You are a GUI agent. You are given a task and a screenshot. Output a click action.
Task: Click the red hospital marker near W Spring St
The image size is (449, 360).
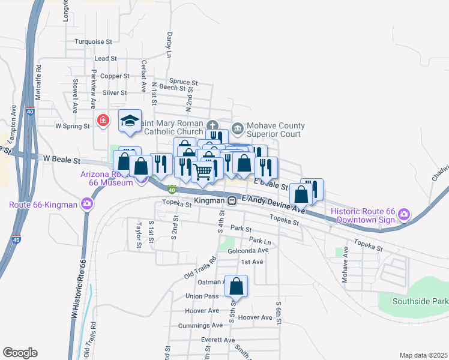coord(104,120)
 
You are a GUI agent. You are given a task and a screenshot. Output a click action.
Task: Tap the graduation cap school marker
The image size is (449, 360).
coord(130,121)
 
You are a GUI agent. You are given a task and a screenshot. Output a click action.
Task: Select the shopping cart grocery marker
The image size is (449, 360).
coord(203,172)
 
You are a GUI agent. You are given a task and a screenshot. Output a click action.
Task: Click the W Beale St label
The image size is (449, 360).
coord(62,161)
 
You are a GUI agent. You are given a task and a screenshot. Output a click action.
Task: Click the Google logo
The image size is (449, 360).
coord(20,352)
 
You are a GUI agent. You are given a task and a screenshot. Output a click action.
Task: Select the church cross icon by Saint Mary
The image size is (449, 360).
coord(212,125)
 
